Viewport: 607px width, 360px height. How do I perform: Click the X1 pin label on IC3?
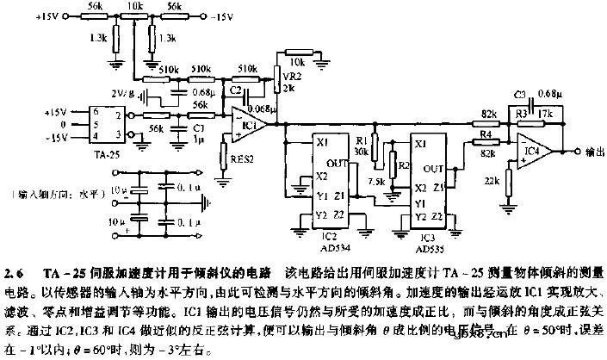[x=420, y=145]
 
